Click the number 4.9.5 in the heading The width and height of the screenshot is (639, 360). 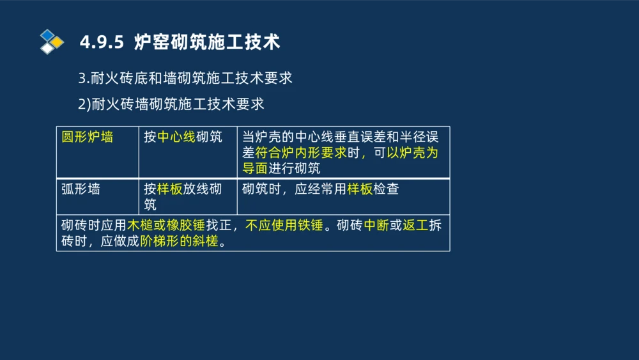[101, 43]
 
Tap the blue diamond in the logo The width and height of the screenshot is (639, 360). [47, 35]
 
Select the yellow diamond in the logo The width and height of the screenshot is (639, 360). [57, 42]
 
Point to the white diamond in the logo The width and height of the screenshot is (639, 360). [47, 48]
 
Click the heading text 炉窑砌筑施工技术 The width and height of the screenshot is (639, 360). [207, 43]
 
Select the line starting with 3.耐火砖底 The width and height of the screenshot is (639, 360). [185, 78]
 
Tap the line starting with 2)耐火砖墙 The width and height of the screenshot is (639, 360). [171, 104]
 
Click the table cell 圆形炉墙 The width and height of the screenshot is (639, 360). [87, 137]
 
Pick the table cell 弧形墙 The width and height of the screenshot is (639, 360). [81, 190]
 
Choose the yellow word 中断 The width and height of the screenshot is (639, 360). [376, 226]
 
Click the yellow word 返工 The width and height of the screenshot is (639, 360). [415, 226]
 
